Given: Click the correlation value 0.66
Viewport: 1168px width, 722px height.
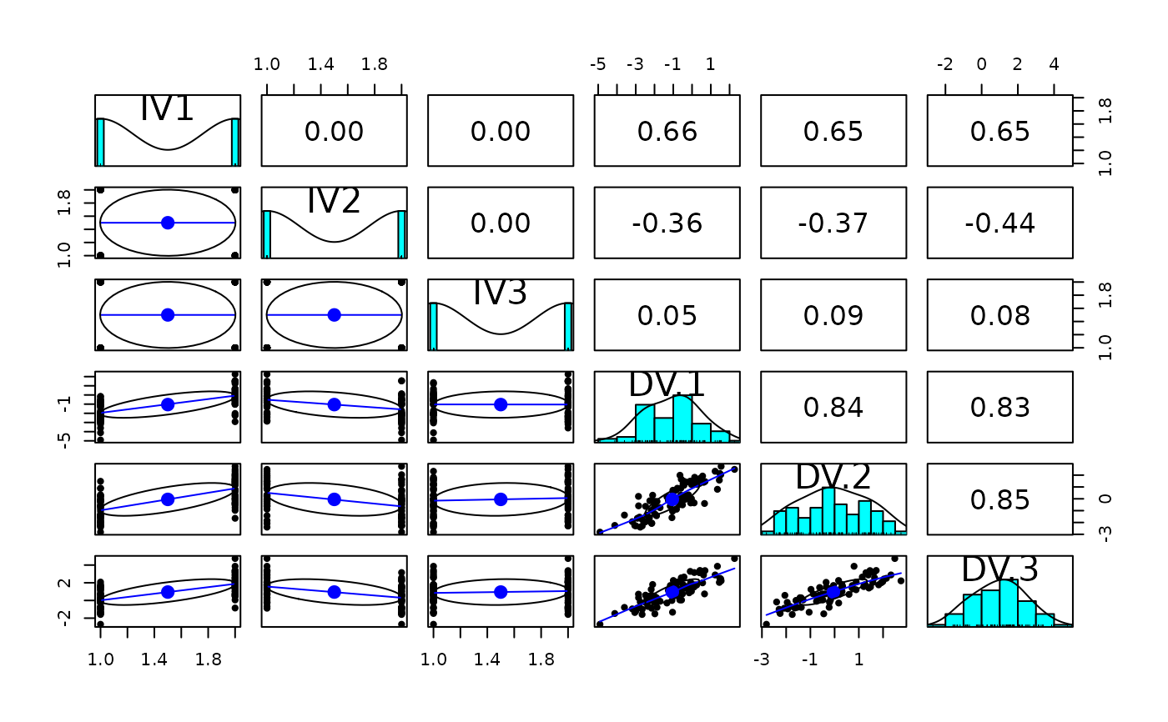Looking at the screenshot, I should (x=667, y=132).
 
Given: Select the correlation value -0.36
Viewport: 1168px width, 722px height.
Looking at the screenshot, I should (x=667, y=223).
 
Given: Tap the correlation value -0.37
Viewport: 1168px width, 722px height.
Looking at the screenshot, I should (x=833, y=223).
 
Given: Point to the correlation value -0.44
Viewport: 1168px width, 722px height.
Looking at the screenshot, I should (x=999, y=223).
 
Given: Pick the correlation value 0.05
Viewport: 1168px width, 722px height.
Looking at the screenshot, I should (x=667, y=315).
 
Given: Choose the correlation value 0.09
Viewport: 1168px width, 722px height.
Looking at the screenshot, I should (x=833, y=315).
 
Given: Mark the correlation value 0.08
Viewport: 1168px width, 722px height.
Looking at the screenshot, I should (x=999, y=315).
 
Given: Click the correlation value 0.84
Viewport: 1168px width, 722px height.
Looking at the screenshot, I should (x=833, y=408).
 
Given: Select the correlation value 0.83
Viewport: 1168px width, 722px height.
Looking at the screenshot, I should (x=999, y=408).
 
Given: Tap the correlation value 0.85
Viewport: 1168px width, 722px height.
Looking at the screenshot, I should (x=999, y=499).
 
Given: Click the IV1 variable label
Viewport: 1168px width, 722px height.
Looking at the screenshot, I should (x=167, y=109).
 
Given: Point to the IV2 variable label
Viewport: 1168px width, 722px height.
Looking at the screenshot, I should (x=334, y=201).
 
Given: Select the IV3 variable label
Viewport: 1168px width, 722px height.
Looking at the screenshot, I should (x=501, y=293).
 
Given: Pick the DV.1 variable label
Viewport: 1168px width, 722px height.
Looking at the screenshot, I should (x=667, y=384).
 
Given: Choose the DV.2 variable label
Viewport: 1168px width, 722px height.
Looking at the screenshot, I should (x=833, y=476).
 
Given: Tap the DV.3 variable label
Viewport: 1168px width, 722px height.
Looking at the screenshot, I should (x=999, y=569).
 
